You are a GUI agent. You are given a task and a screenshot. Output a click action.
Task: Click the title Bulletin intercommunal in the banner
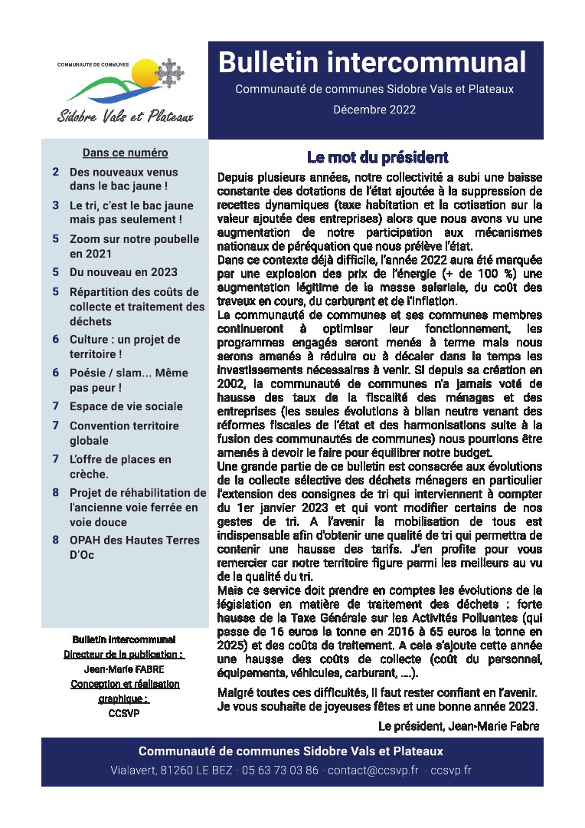click(372, 62)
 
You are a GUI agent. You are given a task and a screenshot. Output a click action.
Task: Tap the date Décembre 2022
click(374, 110)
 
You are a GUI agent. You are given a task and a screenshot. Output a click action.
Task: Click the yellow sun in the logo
click(144, 75)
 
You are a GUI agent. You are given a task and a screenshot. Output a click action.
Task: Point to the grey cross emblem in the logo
click(168, 73)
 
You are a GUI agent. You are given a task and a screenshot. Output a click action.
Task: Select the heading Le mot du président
click(377, 158)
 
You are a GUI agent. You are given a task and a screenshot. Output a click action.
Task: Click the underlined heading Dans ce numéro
click(125, 153)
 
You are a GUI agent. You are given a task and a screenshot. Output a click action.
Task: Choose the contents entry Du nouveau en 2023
click(123, 272)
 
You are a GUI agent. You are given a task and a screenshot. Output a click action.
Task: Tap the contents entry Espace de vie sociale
click(126, 406)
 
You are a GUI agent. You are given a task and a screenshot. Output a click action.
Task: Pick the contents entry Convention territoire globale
click(124, 433)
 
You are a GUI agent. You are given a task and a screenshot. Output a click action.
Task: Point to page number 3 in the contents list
click(56, 205)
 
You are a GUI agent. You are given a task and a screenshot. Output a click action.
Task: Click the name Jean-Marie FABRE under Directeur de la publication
click(124, 669)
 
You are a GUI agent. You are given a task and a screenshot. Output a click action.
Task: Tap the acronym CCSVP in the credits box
click(124, 713)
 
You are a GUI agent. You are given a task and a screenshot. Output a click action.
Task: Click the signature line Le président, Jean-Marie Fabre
click(458, 725)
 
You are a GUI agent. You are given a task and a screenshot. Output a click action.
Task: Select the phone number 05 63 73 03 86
click(279, 770)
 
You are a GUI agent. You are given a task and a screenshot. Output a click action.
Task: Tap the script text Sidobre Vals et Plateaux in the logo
click(125, 117)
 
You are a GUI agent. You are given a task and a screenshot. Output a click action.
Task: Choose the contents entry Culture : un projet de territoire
click(125, 347)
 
